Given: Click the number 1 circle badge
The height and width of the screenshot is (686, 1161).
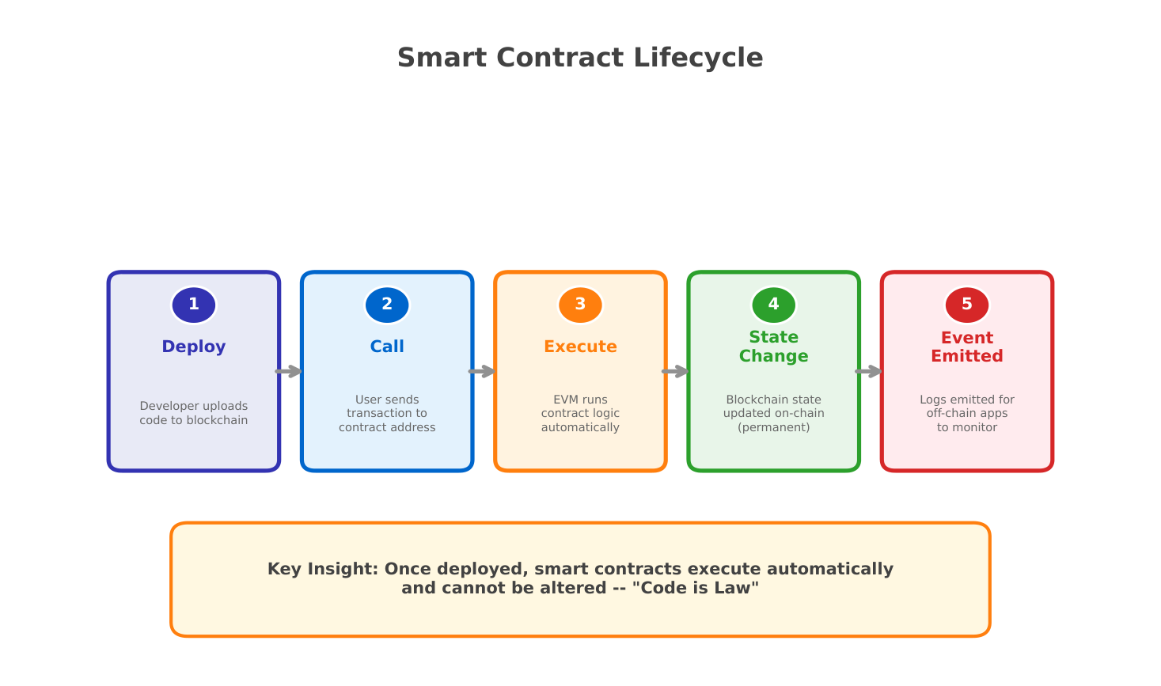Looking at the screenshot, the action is click(x=194, y=305).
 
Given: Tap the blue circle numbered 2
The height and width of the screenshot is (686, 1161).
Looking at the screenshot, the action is click(x=387, y=305).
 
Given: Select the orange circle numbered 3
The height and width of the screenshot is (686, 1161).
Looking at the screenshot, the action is click(x=581, y=305).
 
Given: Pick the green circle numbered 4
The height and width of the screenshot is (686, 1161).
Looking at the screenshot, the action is click(x=774, y=305).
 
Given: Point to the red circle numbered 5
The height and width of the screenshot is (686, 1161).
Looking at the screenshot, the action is click(x=967, y=305).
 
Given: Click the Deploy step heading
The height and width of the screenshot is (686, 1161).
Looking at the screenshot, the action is click(x=194, y=347).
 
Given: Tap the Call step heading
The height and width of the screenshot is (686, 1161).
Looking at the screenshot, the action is click(x=387, y=347).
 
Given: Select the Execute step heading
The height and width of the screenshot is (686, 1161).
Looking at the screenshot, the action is click(x=581, y=347).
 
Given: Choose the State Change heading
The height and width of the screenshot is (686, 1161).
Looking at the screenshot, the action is click(x=774, y=347).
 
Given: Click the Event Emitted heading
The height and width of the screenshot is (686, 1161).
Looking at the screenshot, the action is click(x=967, y=347).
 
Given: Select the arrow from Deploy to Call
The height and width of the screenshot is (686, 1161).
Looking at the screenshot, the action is click(x=289, y=372).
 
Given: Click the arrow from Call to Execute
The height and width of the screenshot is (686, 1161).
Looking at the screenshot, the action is click(x=482, y=372).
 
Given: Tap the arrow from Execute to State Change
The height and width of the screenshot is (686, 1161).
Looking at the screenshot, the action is click(x=675, y=372).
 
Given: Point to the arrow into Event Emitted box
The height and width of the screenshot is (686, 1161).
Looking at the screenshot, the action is click(x=869, y=372).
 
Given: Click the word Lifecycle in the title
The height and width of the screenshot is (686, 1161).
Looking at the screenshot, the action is click(x=698, y=58).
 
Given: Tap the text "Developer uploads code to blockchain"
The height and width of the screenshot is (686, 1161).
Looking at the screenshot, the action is click(x=194, y=413).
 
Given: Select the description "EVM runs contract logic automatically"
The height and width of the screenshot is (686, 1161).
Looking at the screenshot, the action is click(x=581, y=414).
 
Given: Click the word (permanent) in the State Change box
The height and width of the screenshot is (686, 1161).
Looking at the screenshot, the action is click(x=774, y=427).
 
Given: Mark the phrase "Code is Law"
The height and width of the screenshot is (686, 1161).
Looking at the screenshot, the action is click(x=696, y=588).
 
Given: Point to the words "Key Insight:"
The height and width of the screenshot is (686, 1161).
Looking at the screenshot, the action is click(x=323, y=569).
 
